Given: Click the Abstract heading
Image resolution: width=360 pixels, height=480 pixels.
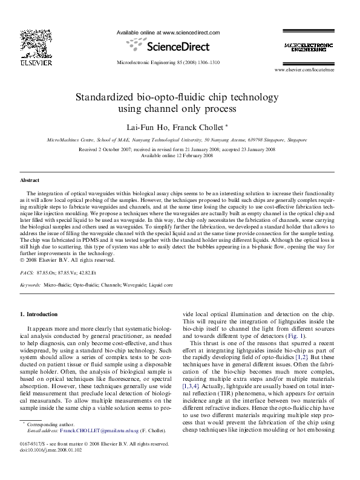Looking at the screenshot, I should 30,180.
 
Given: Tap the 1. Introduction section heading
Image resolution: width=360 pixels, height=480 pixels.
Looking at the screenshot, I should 39,314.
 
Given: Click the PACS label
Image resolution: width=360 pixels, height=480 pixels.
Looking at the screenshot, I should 27,273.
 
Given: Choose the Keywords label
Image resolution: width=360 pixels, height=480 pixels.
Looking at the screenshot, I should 30,284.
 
